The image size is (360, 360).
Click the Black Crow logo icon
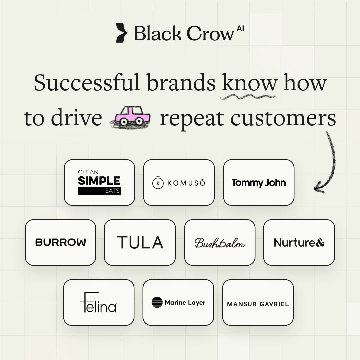click(122, 33)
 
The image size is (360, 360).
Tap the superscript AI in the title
click(240, 29)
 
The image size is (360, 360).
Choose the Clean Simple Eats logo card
click(99, 182)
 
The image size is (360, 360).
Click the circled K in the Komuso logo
click(158, 183)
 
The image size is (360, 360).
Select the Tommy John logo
click(259, 183)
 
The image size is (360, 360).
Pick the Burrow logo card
click(60, 242)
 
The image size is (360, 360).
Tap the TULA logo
click(140, 242)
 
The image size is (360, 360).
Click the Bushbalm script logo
click(220, 243)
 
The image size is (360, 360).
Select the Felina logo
click(99, 302)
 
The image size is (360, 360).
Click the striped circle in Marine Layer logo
click(157, 302)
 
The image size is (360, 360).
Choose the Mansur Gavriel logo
click(258, 304)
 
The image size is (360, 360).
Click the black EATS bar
click(99, 191)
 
